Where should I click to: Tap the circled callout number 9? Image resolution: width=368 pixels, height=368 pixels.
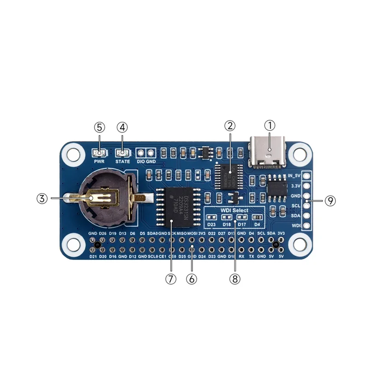pos(330,201)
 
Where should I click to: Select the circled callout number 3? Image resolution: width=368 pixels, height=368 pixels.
pos(42,198)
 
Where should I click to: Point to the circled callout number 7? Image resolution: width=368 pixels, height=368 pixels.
pos(171,279)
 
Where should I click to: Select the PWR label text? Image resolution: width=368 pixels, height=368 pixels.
pos(99,161)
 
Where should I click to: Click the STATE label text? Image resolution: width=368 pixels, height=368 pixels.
pos(122,161)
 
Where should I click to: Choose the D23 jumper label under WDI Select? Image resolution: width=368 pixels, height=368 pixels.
pos(212,224)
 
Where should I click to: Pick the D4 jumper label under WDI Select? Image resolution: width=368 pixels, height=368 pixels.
pos(257,224)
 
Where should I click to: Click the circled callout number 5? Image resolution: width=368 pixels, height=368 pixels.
pos(99,126)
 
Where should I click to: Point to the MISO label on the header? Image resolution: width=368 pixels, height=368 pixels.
pos(182,234)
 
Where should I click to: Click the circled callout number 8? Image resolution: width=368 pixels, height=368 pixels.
pos(235,279)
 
